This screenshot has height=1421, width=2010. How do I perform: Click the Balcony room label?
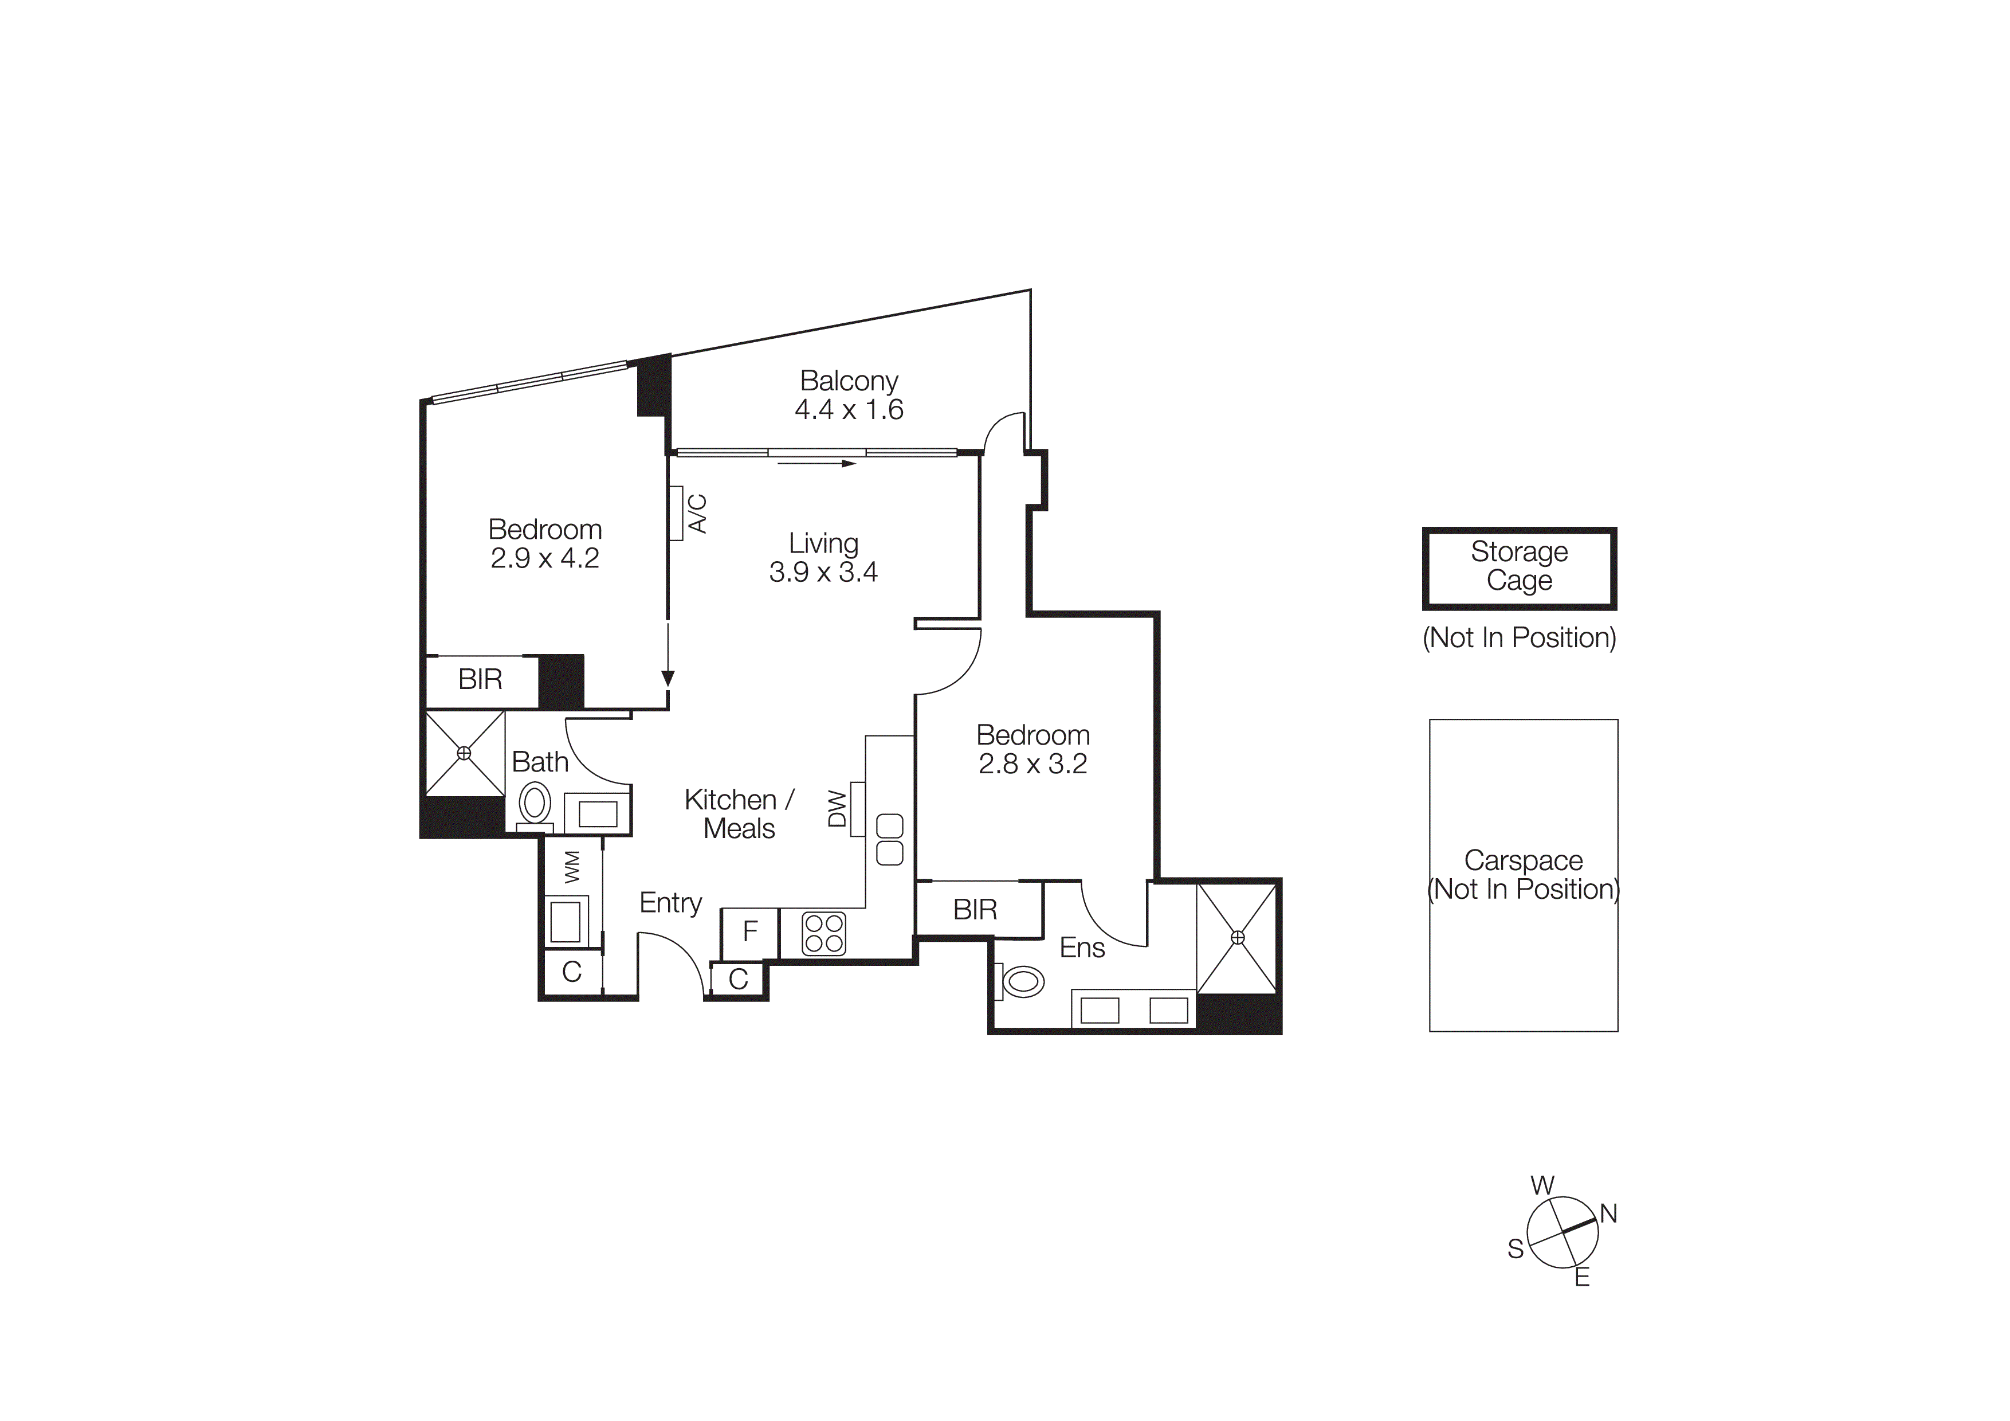coord(849,381)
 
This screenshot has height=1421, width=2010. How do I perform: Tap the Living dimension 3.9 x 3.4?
coord(823,573)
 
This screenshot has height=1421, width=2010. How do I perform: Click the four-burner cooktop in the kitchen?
coord(824,933)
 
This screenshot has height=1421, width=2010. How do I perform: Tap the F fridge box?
coord(749,931)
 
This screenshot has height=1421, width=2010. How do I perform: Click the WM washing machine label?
coord(572,866)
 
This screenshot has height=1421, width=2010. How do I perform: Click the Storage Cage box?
coord(1519,567)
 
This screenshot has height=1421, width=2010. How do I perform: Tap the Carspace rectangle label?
coord(1524,875)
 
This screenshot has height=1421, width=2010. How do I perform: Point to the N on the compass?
coord(1608,1213)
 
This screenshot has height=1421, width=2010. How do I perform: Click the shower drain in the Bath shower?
coord(464,753)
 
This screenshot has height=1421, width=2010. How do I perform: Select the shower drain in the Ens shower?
coord(1237,938)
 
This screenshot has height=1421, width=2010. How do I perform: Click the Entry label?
coord(670,903)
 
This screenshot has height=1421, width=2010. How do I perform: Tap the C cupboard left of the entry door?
coord(572,972)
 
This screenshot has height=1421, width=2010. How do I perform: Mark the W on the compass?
coord(1542,1185)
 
